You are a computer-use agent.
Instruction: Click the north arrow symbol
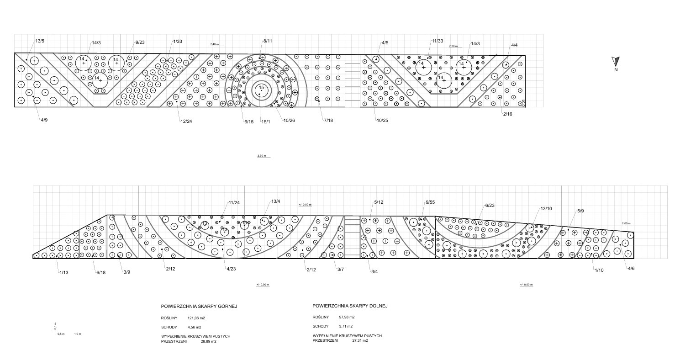point(615,61)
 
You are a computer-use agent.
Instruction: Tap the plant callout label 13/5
point(40,42)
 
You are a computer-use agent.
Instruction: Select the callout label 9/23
point(140,42)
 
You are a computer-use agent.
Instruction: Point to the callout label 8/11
point(268,41)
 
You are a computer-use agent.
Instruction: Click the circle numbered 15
point(261,88)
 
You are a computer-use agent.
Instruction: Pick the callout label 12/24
point(186,122)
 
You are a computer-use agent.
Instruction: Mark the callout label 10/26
point(289,121)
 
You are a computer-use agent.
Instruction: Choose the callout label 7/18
point(328,120)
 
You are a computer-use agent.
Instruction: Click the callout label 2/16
point(507,114)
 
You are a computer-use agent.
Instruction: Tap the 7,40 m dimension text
point(215,44)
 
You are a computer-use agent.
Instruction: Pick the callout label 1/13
point(63,273)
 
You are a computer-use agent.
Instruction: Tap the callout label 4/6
point(631,269)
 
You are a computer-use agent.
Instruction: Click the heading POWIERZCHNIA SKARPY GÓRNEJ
point(199,306)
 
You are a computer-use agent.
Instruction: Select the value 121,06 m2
point(196,318)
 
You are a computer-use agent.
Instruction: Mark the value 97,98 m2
point(347,317)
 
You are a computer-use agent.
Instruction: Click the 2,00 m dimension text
point(626,223)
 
